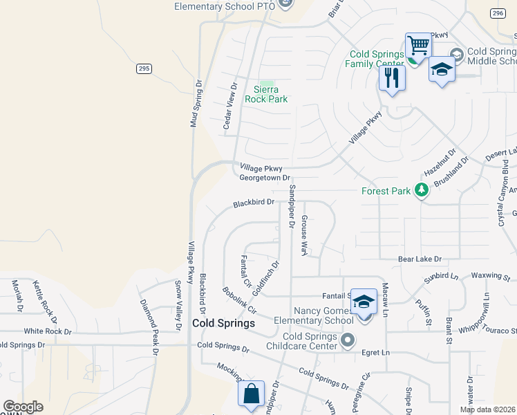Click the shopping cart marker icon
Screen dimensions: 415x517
[x=418, y=46]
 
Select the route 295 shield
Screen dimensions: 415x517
[x=143, y=68]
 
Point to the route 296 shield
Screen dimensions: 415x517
[x=498, y=13]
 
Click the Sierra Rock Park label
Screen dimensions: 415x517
[x=266, y=94]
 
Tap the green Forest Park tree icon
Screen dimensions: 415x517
[x=420, y=190]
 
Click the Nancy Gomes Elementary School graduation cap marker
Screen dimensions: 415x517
[x=364, y=302]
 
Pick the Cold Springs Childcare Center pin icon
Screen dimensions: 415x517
[x=348, y=340]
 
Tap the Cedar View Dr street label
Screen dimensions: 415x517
[x=229, y=107]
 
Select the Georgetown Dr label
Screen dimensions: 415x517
[x=264, y=178]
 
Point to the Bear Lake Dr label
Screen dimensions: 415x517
[x=419, y=259]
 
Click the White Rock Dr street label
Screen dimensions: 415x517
[x=47, y=331]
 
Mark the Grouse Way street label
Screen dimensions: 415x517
[x=303, y=235]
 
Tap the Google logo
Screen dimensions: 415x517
[x=23, y=407]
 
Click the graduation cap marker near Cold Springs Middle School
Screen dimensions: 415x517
[x=441, y=70]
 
